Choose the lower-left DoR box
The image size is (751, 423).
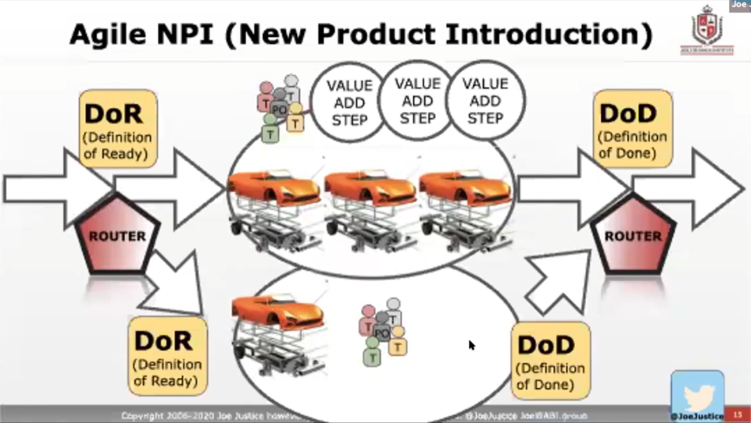tap(167, 356)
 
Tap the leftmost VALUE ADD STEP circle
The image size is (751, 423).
tap(349, 102)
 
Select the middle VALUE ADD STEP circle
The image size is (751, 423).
tap(417, 100)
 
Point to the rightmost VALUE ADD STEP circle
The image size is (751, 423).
tap(485, 100)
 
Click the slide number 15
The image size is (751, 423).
tap(738, 415)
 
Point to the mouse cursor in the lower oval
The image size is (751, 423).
tap(471, 344)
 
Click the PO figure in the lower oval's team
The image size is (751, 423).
tap(381, 333)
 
